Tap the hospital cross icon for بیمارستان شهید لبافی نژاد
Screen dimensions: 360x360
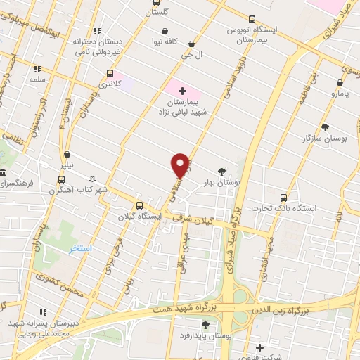point(182,91)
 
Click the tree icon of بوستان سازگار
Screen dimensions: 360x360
point(325,127)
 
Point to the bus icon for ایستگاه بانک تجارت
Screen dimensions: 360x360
point(283,198)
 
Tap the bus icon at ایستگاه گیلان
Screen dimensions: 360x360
point(139,205)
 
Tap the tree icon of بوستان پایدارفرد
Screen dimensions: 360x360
point(205,325)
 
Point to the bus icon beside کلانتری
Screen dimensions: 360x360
point(110,73)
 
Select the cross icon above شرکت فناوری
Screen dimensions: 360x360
point(260,347)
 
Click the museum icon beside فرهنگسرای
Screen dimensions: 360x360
point(3,173)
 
